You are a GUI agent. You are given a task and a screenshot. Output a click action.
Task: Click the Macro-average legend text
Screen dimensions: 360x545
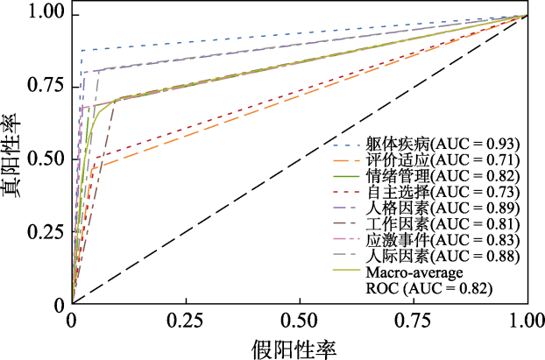413,272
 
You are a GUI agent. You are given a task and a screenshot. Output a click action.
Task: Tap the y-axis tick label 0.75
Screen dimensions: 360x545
46,86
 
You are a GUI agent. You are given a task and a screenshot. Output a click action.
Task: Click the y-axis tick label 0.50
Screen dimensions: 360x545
46,159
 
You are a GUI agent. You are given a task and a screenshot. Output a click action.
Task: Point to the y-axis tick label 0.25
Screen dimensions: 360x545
46,232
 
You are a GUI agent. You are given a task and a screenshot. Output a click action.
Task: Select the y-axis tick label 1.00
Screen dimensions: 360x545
46,13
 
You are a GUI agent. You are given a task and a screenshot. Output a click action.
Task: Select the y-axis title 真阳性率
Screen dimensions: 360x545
14,159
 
